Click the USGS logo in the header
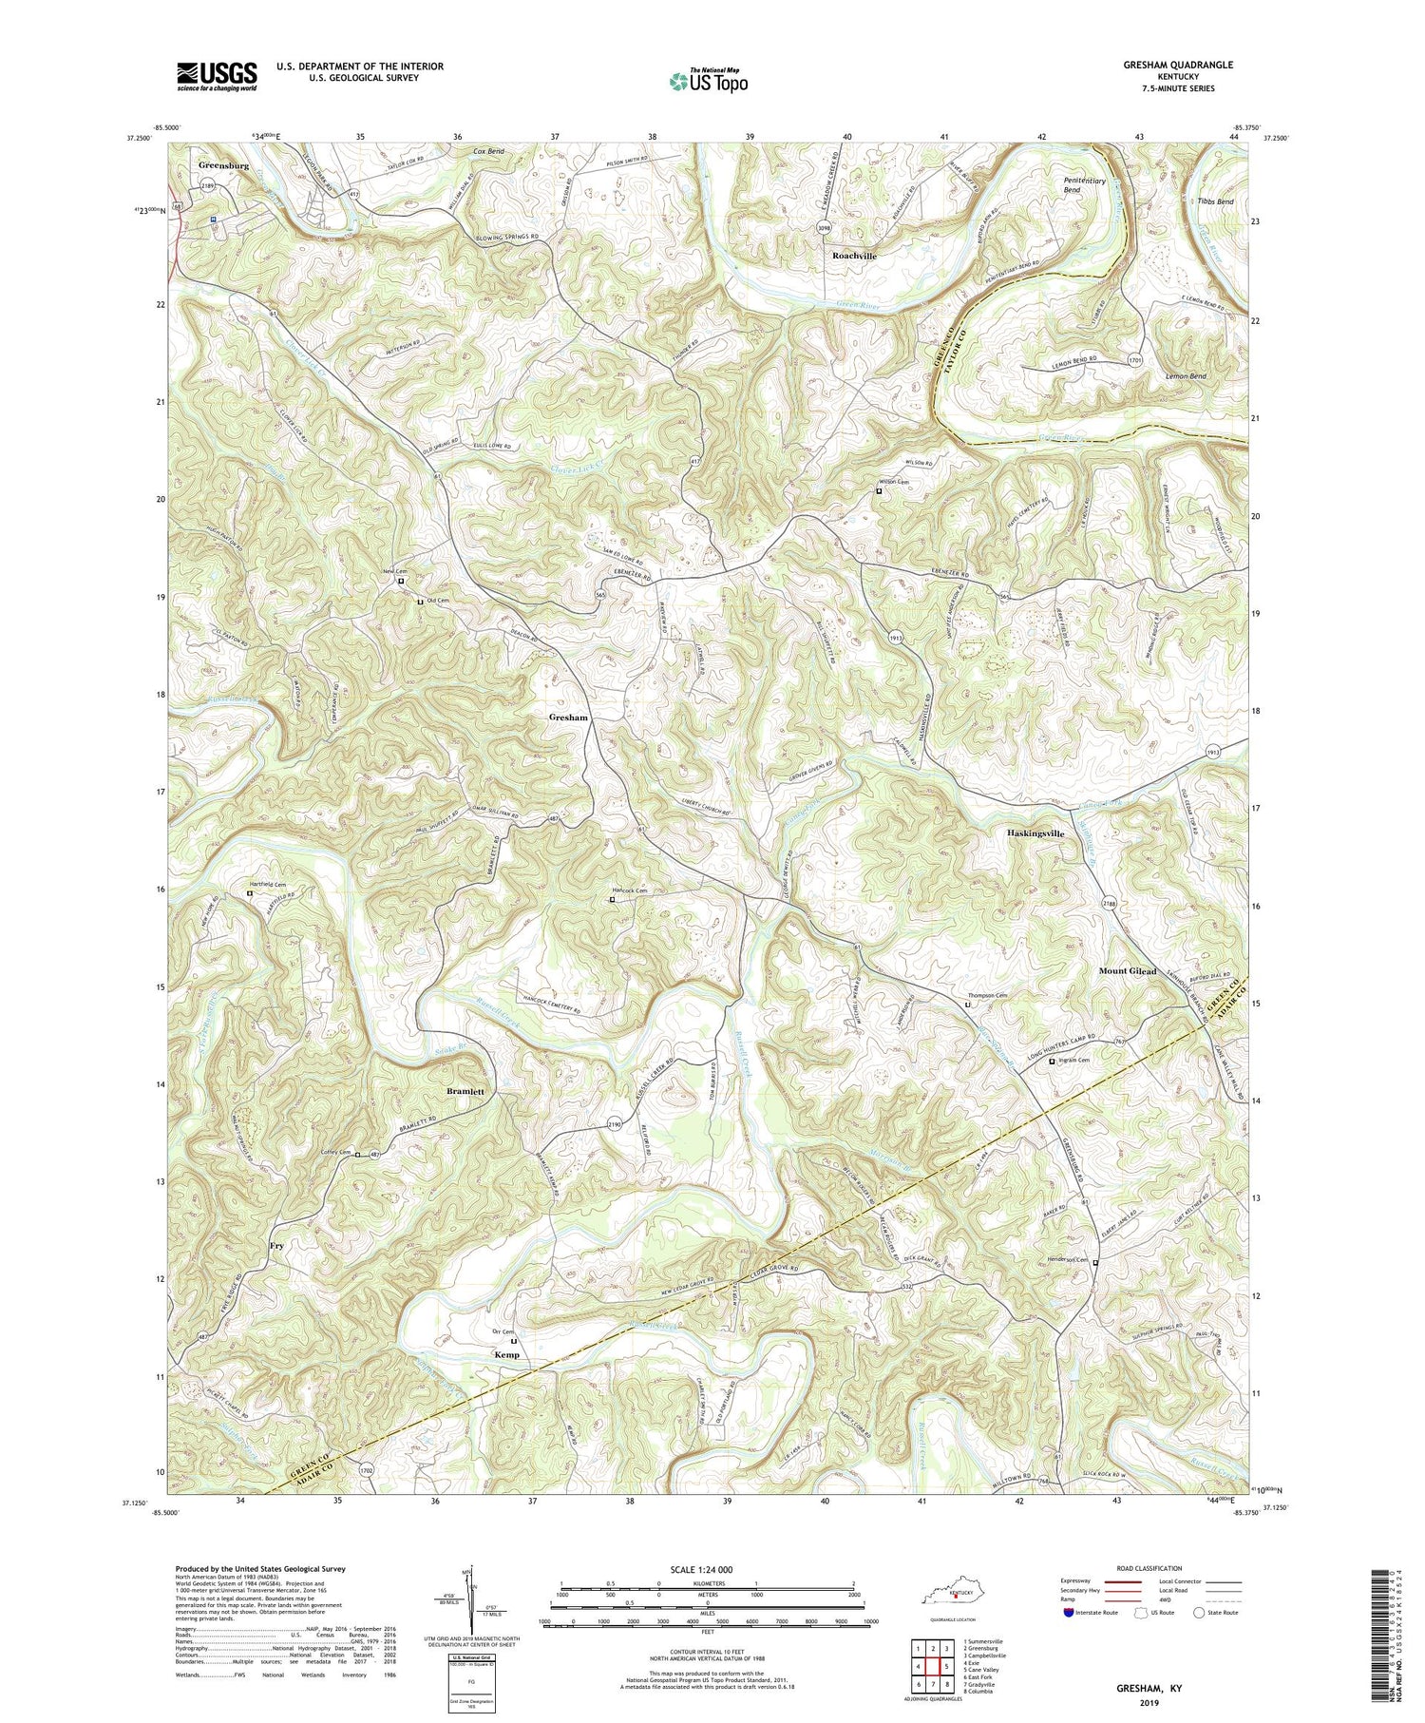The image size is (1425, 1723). tap(217, 76)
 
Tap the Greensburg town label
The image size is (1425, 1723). tap(223, 165)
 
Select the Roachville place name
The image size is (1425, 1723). tap(854, 257)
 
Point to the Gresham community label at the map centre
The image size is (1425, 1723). tap(567, 718)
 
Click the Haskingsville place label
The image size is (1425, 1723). tap(1041, 833)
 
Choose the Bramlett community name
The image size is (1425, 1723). tap(465, 1092)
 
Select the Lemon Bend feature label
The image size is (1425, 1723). tap(1186, 376)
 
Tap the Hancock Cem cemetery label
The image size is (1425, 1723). tap(628, 890)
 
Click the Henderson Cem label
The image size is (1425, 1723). tap(1068, 1260)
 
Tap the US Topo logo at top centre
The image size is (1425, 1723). tap(707, 82)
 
